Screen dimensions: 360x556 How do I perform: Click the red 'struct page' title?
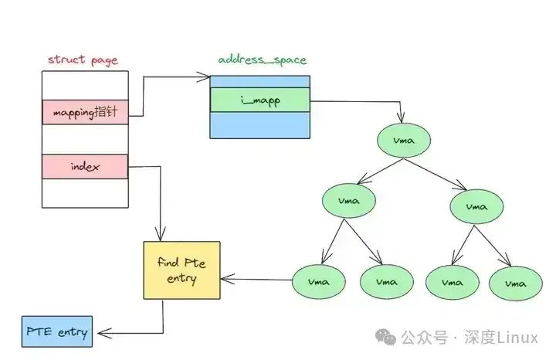click(83, 59)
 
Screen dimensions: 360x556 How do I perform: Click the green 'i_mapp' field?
click(259, 100)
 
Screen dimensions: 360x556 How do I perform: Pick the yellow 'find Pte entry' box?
click(181, 270)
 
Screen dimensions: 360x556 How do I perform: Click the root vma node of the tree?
click(402, 141)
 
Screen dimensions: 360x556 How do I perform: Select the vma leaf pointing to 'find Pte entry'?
click(318, 281)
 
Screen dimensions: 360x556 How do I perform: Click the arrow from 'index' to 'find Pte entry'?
click(160, 201)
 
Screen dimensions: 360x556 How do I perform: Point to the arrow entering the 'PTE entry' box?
click(127, 332)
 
